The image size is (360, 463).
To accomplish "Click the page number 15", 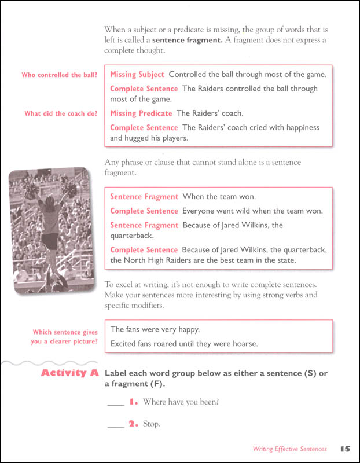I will [346, 449].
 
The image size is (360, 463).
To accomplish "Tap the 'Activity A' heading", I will [69, 373].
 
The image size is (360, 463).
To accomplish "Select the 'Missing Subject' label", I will [137, 75].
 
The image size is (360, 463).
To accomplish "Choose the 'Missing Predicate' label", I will [141, 113].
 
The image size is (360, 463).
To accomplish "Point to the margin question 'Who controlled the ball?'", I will [60, 75].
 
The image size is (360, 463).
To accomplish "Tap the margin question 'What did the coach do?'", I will [61, 113].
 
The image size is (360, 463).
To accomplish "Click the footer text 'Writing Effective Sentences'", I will [289, 449].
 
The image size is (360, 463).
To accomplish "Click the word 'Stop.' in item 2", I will [151, 424].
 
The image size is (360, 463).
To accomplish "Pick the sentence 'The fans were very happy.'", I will [155, 329].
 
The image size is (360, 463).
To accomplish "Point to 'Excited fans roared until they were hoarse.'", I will [184, 344].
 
